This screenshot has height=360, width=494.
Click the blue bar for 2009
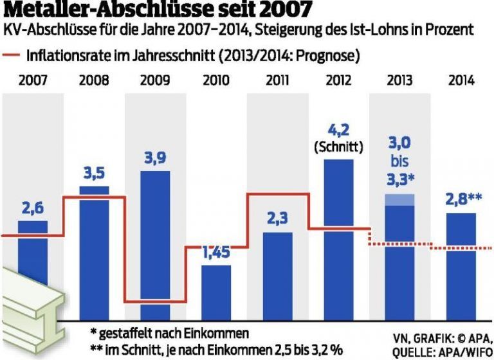(155, 244)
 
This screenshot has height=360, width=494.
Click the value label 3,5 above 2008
(94, 174)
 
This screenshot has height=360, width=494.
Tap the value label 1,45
(216, 253)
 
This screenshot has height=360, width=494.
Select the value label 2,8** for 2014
(461, 200)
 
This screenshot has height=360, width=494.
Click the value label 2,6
(32, 208)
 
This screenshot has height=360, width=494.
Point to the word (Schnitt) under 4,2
(339, 147)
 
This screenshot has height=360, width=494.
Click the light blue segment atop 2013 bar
(399, 200)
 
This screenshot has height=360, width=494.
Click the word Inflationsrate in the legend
(64, 56)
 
